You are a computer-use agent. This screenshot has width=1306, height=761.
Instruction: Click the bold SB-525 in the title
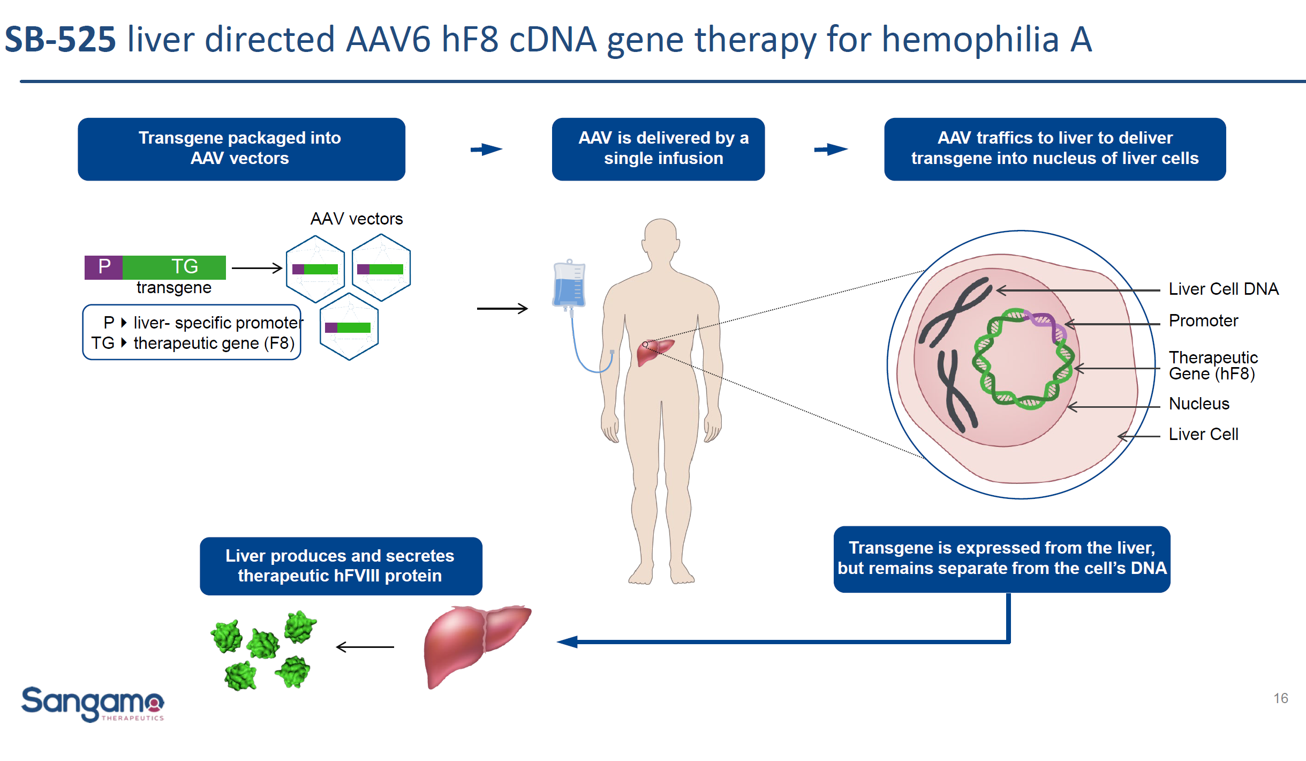click(x=60, y=40)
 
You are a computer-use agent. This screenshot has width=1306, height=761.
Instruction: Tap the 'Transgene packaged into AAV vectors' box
click(x=241, y=148)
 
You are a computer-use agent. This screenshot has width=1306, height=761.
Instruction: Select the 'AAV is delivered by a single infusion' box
click(x=658, y=148)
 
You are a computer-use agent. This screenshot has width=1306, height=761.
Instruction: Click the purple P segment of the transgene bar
click(x=104, y=267)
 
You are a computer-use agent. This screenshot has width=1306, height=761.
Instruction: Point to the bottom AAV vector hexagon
click(x=349, y=327)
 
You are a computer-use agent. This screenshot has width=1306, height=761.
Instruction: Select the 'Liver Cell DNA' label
click(x=1223, y=289)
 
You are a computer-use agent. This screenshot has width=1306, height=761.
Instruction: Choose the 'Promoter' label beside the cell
click(x=1203, y=321)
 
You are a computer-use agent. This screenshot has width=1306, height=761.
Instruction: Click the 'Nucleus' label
click(x=1198, y=404)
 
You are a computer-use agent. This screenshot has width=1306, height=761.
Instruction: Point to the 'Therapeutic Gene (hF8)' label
click(x=1212, y=365)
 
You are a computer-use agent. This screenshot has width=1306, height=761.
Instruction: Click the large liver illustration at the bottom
click(x=471, y=643)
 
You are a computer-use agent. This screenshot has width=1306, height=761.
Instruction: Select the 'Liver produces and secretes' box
click(x=341, y=566)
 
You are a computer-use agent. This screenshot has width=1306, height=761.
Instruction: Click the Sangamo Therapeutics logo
click(x=92, y=703)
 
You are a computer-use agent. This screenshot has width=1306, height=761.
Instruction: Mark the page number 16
click(x=1280, y=698)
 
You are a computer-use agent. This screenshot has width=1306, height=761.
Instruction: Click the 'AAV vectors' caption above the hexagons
click(x=356, y=219)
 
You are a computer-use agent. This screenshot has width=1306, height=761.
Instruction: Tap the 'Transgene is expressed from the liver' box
click(x=1001, y=558)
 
